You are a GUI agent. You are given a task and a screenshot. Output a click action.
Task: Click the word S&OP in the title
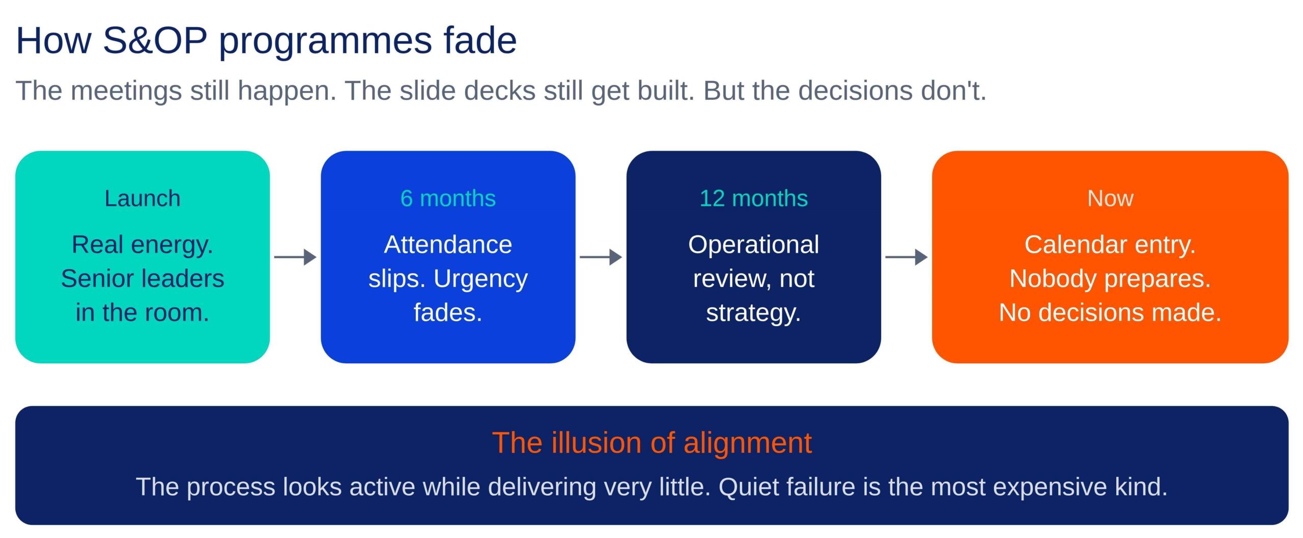(x=155, y=40)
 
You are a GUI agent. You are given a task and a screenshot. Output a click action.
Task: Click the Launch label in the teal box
(x=143, y=198)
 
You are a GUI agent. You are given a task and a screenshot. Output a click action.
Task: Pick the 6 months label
(x=448, y=198)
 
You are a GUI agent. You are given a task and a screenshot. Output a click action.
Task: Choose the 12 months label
(x=753, y=198)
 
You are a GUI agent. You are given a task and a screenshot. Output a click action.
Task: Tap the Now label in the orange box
(x=1110, y=198)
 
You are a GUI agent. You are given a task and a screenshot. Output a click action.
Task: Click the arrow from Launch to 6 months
(x=295, y=257)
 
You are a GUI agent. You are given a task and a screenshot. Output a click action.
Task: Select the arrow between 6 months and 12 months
(x=601, y=257)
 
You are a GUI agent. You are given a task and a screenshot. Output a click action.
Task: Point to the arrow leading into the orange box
(x=907, y=257)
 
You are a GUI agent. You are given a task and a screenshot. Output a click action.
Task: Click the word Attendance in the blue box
(x=448, y=245)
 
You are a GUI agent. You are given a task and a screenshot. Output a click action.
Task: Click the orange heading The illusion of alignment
(x=652, y=442)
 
